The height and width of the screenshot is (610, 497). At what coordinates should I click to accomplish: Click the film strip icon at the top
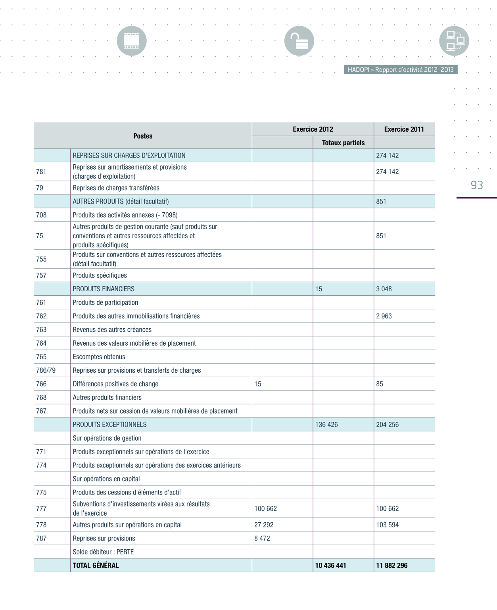coord(132,41)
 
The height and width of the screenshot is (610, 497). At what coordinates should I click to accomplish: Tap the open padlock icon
coord(299,41)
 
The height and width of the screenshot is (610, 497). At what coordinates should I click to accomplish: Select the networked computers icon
coord(454,41)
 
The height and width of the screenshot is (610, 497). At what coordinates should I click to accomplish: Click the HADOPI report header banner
coord(401,69)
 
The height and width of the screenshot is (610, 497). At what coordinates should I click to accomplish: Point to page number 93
coord(477,185)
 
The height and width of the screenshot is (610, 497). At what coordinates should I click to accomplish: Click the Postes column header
coord(143,136)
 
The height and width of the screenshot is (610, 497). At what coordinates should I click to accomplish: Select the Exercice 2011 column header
coord(404,129)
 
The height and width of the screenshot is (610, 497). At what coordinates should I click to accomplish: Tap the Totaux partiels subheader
coord(343,142)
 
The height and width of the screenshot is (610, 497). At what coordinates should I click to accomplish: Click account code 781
coord(41,171)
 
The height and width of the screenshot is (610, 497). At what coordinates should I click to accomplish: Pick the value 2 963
coord(384,316)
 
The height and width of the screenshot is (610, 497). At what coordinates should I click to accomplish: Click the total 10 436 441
coord(330,565)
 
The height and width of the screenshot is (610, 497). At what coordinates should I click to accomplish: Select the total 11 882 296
coord(391,565)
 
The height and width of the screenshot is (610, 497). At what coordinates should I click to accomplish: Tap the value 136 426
coord(326,424)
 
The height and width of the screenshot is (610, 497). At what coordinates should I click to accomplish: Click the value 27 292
coord(264,525)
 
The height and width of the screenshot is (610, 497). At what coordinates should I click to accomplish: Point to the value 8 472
coord(262,538)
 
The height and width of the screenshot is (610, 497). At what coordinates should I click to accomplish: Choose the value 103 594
coord(387,525)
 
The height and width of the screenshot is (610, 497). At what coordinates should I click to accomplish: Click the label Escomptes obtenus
coord(99,357)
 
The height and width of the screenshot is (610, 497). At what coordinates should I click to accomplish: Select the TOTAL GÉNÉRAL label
coord(96,565)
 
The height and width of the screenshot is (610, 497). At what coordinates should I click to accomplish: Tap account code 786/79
coord(46,370)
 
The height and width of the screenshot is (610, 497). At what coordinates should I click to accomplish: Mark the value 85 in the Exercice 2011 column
coord(380,384)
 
